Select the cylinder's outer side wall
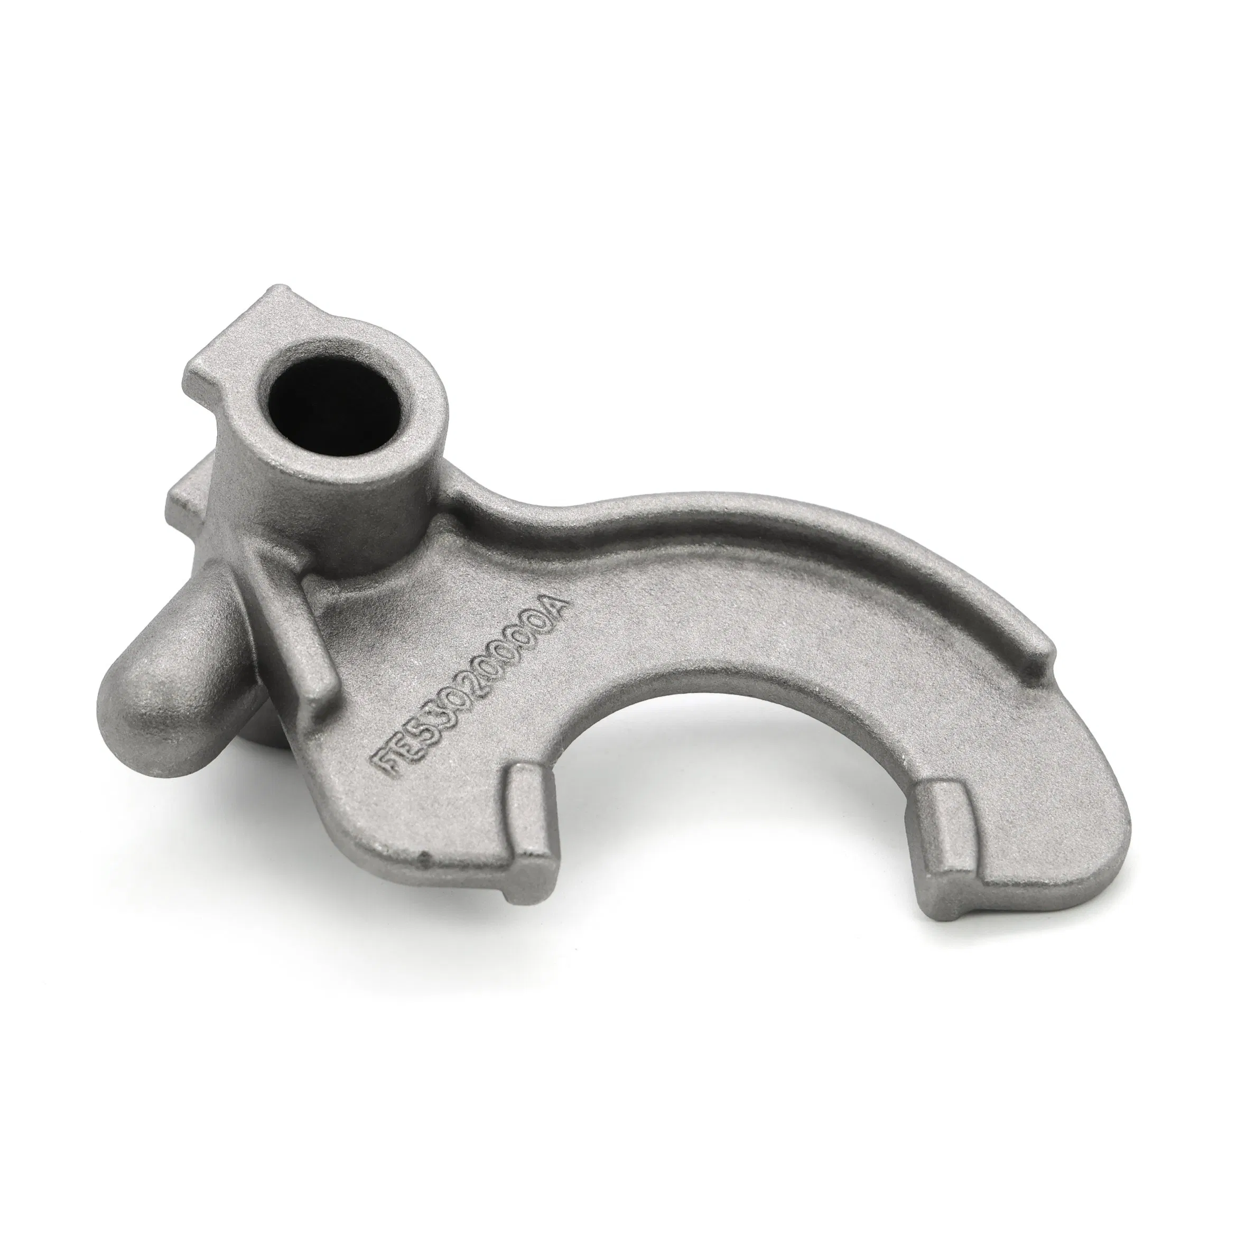click(256, 487)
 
